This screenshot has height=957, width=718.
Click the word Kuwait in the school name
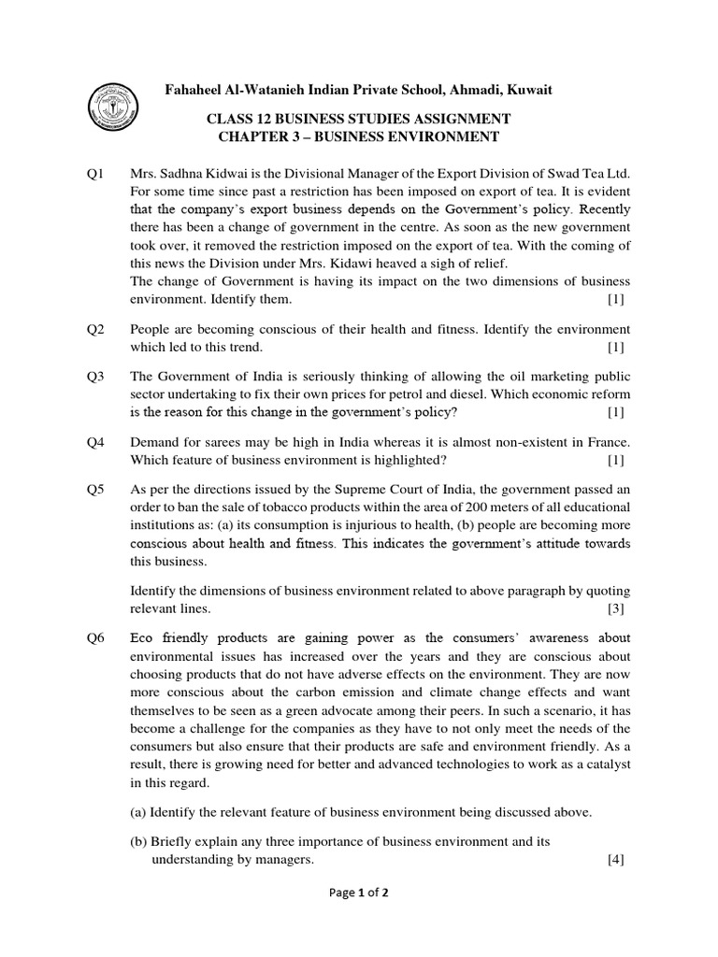click(527, 90)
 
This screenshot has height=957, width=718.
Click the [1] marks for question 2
click(614, 347)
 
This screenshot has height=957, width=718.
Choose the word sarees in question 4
click(212, 442)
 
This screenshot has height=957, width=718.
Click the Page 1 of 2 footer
click(359, 919)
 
